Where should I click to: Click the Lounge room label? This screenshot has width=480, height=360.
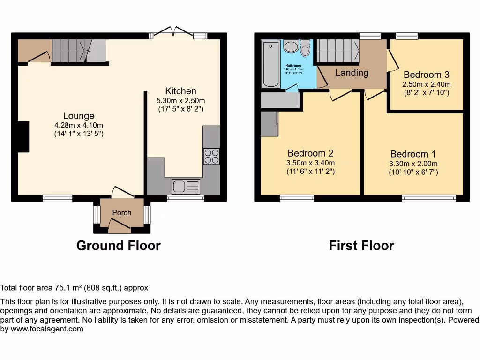pos(79,116)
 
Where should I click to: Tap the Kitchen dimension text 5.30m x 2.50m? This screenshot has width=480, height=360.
pos(180,100)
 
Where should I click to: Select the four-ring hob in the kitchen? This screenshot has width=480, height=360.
pos(211,156)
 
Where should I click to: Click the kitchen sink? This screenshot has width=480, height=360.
pos(185,187)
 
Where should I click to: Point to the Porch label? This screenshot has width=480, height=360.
pos(122,212)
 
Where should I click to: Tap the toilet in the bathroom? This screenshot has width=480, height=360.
pos(305,48)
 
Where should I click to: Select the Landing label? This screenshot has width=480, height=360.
pos(352,73)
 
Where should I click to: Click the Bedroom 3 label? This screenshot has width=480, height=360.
pos(426,75)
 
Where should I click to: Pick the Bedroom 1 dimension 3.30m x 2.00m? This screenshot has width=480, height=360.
pos(413,164)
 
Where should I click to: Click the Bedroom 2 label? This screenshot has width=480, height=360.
pos(310,153)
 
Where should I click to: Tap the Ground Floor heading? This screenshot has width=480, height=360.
pos(118,246)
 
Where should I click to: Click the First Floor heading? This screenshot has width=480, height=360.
pos(361,246)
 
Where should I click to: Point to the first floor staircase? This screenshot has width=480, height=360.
pos(337,51)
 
